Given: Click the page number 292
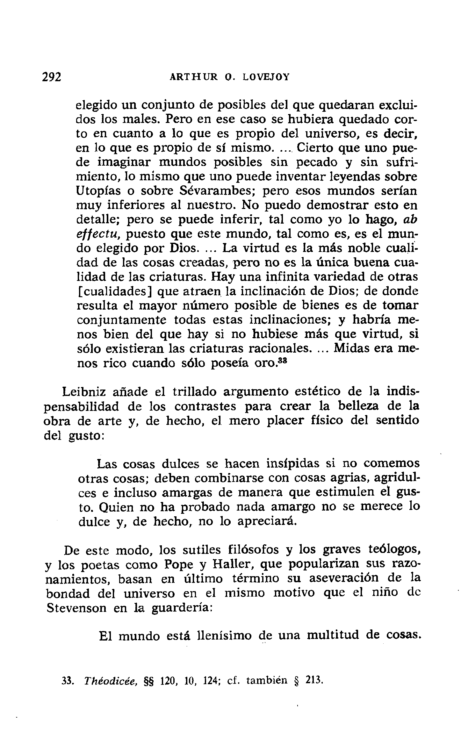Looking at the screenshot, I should coord(52,77).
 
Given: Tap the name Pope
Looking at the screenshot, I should coord(178,565).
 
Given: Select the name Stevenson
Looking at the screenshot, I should coord(76,608).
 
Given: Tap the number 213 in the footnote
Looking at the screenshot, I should coord(314,689).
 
